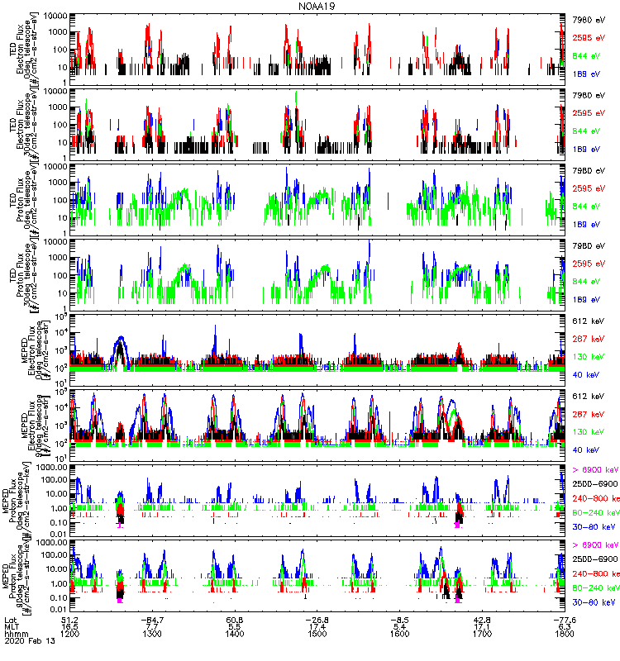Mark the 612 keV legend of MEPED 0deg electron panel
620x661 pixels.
coord(588,320)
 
